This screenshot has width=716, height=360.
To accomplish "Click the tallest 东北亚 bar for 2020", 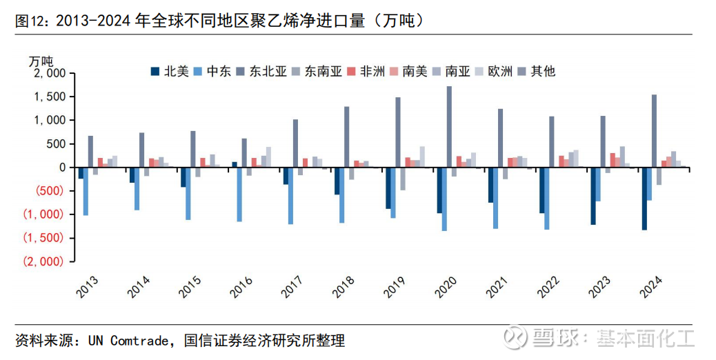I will point(449,127).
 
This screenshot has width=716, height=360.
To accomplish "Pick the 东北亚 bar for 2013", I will point(90,152).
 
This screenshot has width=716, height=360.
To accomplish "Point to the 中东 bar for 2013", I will point(86,191).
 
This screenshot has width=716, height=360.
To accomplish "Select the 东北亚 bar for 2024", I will point(654,131).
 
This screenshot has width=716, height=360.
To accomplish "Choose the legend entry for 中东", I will point(213,71).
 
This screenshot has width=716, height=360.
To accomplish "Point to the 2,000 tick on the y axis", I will point(48,73).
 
